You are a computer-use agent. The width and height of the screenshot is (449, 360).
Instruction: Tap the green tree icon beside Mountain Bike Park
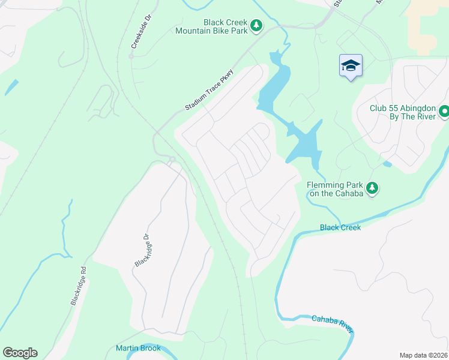pos(256,25)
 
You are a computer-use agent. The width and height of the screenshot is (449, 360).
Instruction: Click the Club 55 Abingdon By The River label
pos(402,112)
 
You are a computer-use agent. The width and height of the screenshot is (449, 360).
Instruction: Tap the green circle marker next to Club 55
pos(444,111)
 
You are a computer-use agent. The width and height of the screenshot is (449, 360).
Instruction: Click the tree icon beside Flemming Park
pos(372,188)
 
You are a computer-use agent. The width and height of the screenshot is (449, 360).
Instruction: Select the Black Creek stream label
pos(340,227)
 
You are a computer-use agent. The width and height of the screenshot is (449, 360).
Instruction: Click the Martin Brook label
pos(138,348)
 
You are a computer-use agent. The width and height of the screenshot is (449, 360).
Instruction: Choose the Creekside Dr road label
pos(140,34)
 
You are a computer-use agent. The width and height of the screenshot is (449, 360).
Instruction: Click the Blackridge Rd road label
pos(79,286)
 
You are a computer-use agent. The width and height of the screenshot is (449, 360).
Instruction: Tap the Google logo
pos(20,353)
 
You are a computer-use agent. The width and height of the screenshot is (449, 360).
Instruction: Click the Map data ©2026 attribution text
pos(423,355)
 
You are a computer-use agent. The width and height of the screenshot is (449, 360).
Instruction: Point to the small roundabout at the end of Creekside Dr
pos(130,56)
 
